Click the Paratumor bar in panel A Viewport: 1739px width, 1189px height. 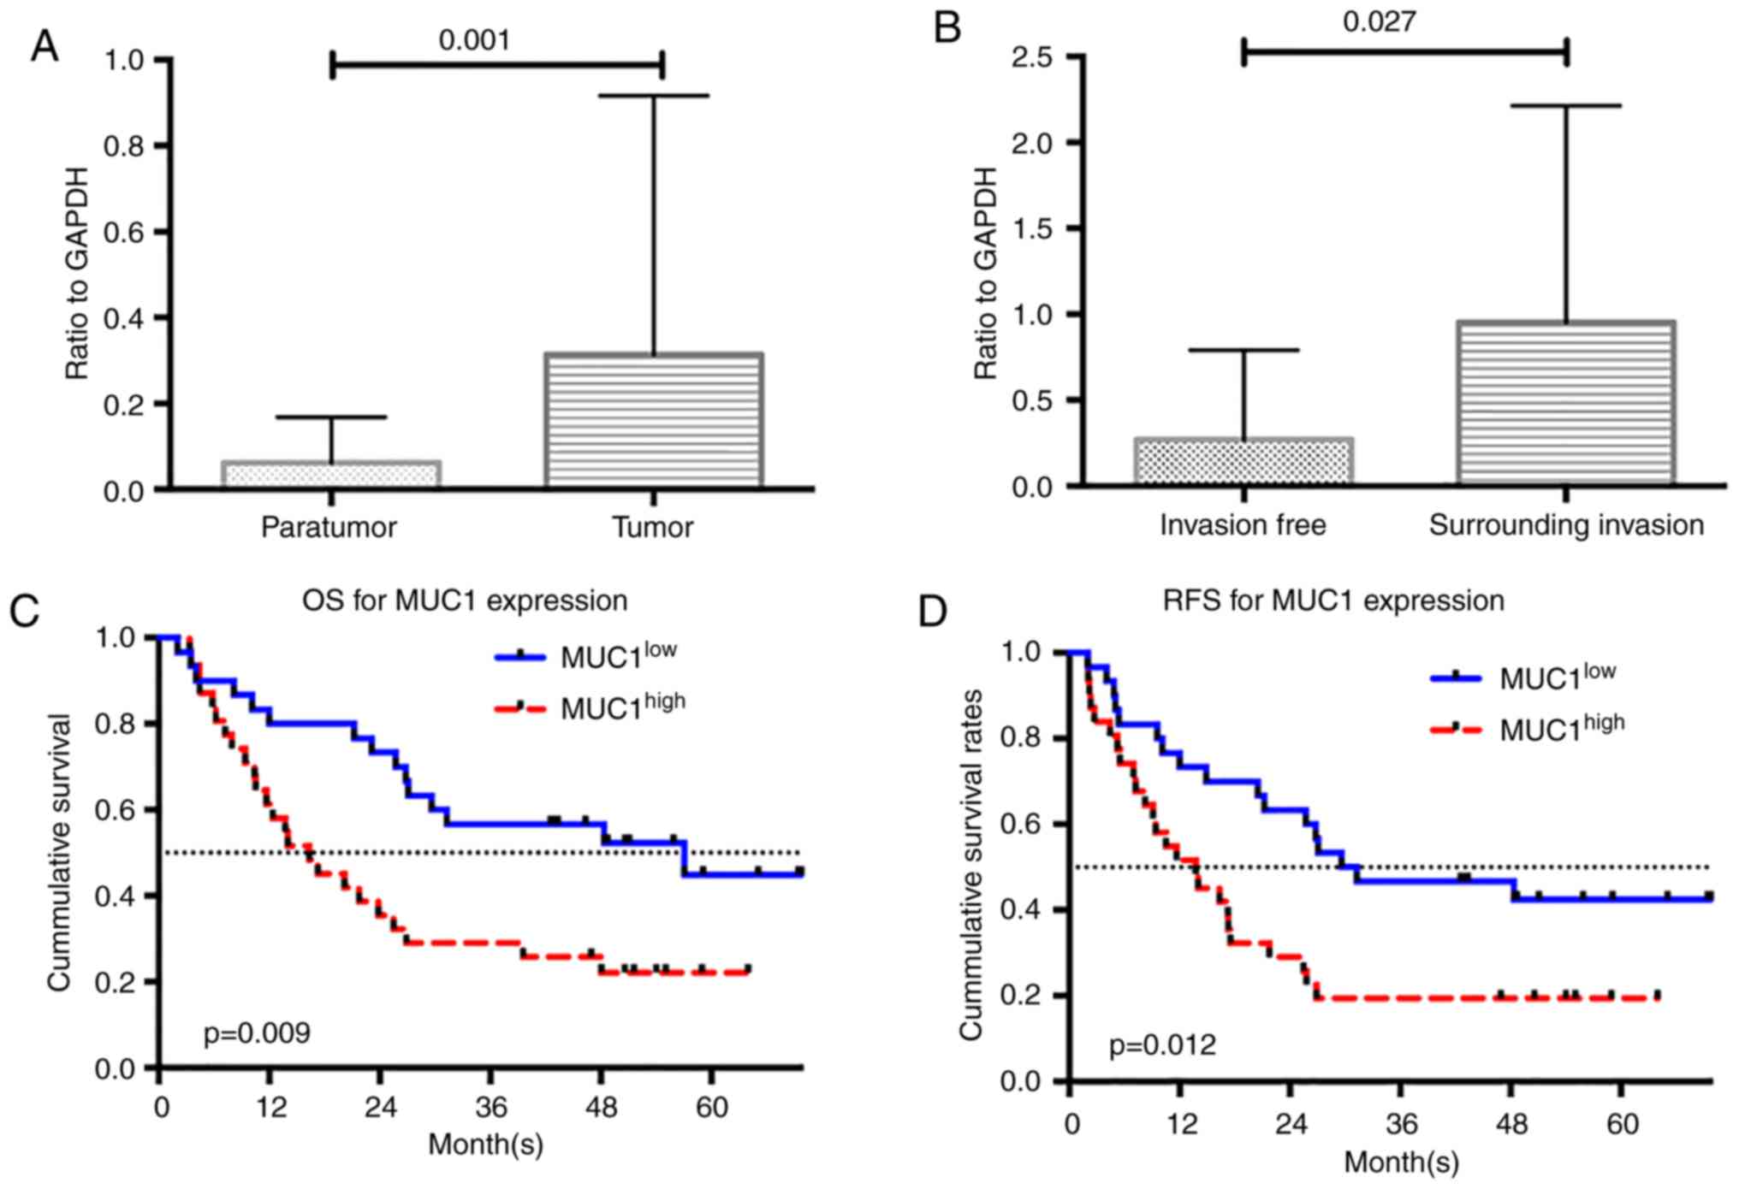[x=331, y=475]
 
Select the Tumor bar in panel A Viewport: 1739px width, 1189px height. [x=654, y=420]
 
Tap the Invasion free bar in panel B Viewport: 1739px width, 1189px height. [x=1243, y=462]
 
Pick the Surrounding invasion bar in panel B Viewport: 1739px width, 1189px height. [x=1565, y=403]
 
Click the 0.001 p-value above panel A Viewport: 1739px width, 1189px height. [x=474, y=40]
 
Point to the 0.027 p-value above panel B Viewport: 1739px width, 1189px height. [x=1379, y=22]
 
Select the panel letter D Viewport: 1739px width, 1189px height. [x=932, y=612]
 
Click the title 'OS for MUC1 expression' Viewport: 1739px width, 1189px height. [x=465, y=600]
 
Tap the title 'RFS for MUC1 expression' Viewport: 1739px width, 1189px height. [x=1333, y=600]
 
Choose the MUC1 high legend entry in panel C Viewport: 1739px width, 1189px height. [x=622, y=707]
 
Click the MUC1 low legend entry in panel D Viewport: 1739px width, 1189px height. [x=1557, y=677]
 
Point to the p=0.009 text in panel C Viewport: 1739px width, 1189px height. [x=257, y=1033]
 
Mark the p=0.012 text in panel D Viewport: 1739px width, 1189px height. [x=1162, y=1045]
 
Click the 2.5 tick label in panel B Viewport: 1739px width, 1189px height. [x=1032, y=57]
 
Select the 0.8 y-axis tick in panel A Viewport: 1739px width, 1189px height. [x=124, y=146]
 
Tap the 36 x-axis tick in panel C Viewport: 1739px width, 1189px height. [x=491, y=1108]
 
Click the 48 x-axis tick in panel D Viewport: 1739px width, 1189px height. [x=1512, y=1122]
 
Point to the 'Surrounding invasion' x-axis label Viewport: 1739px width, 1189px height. [x=1566, y=524]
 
